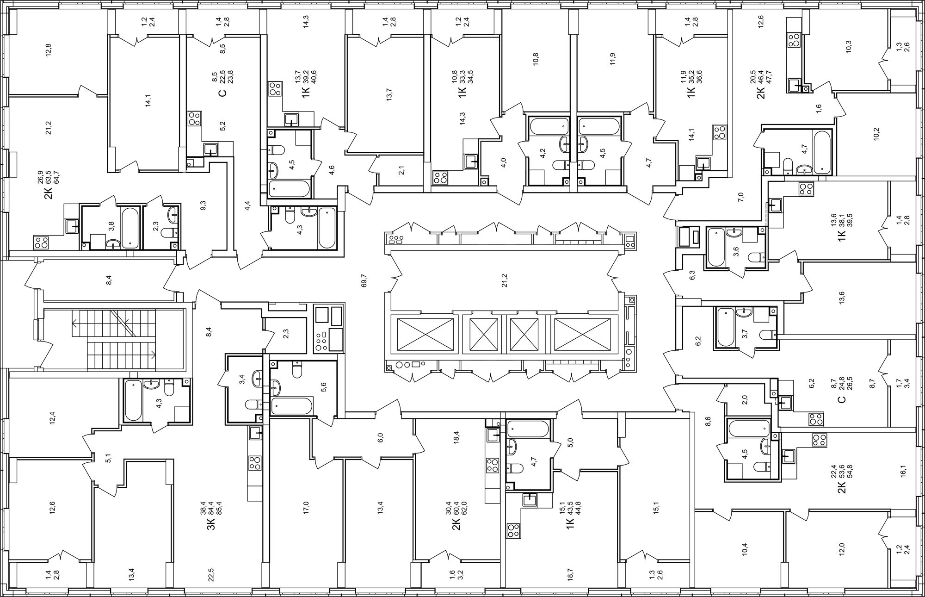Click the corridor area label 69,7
364,280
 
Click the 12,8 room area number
48,50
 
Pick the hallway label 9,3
203,205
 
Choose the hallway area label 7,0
740,197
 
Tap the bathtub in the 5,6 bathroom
293,406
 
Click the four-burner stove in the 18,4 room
493,465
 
